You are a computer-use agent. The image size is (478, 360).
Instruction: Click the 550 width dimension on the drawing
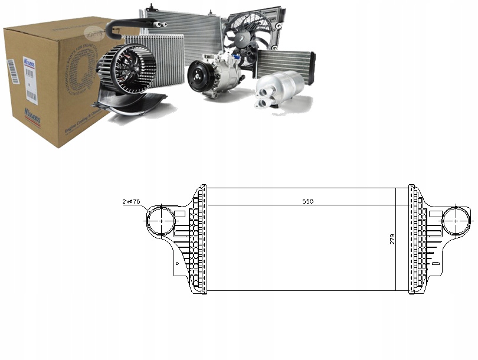(x=307, y=201)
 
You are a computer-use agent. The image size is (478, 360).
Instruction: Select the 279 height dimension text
(x=392, y=240)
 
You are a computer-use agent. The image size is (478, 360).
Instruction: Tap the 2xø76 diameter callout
(x=131, y=202)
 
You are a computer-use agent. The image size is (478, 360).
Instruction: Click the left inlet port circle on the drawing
(x=160, y=220)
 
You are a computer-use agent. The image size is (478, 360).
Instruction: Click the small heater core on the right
(x=284, y=63)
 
